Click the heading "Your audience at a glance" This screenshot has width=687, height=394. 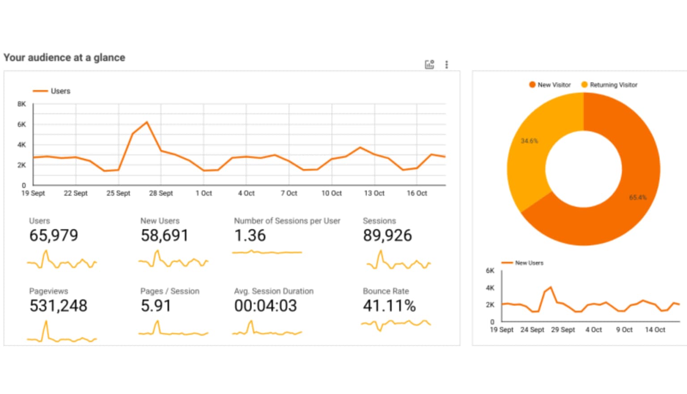[64, 58]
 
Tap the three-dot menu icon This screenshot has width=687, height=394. [446, 65]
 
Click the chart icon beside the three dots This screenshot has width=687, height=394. [429, 65]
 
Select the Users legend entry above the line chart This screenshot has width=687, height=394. [51, 91]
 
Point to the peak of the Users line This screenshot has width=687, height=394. [147, 122]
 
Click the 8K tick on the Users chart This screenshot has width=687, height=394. [21, 104]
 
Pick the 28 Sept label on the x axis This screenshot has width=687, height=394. [161, 193]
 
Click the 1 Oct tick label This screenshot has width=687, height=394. [204, 193]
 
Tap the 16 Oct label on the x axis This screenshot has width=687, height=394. [416, 193]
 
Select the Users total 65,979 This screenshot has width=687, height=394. [54, 236]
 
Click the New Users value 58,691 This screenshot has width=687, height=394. [165, 236]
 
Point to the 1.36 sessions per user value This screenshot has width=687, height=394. [250, 236]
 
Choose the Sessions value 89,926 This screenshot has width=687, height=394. [387, 236]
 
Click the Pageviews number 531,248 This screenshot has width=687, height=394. [58, 306]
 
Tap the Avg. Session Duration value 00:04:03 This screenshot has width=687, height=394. [265, 306]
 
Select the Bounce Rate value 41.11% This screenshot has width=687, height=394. [389, 306]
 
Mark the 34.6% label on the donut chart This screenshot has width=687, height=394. [529, 141]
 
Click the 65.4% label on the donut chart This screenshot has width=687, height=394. [637, 197]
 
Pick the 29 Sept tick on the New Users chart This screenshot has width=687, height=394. [563, 330]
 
